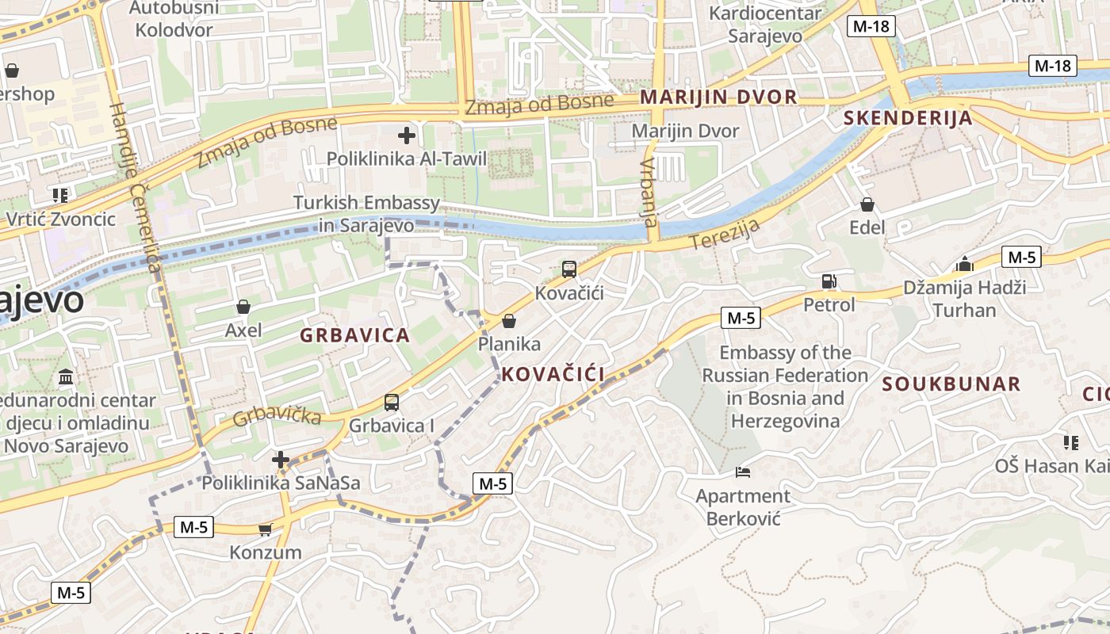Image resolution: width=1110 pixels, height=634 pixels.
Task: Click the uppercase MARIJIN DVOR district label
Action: (x=718, y=97)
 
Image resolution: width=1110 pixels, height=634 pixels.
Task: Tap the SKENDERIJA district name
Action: (x=908, y=119)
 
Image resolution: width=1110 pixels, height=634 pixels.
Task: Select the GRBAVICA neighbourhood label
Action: (x=354, y=335)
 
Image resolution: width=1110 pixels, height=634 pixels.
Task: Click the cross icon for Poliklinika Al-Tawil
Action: (x=407, y=136)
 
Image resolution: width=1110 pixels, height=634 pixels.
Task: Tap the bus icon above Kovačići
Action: (x=569, y=269)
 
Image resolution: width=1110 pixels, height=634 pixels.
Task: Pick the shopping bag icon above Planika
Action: (x=509, y=320)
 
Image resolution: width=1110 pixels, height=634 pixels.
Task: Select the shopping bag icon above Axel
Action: (x=243, y=306)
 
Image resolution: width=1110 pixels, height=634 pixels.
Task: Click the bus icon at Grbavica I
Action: (x=392, y=402)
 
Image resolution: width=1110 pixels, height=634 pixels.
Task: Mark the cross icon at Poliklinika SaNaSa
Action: (x=281, y=460)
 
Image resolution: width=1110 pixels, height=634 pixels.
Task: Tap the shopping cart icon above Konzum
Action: (x=265, y=529)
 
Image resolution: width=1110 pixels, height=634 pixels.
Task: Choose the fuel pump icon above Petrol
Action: (x=829, y=281)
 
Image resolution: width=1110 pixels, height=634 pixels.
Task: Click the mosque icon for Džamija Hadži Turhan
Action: (x=965, y=263)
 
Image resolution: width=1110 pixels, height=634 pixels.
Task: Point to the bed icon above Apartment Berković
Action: (x=743, y=472)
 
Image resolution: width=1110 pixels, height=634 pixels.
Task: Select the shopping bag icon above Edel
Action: (x=867, y=204)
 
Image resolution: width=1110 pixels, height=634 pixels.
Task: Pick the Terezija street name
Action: (x=725, y=235)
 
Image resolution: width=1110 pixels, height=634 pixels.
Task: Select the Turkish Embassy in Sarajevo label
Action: (x=366, y=214)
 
